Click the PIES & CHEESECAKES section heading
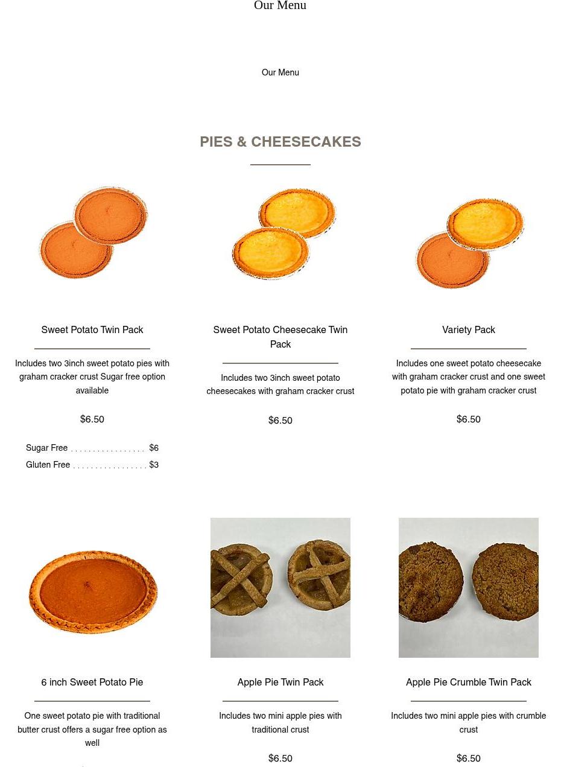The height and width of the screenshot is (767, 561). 280,141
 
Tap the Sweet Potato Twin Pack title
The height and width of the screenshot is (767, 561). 92,329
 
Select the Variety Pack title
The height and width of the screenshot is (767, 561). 468,329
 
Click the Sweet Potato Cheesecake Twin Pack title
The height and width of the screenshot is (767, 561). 280,337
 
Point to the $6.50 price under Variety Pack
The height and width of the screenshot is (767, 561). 468,419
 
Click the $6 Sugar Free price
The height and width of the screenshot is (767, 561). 154,448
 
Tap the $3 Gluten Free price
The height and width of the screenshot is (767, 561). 154,464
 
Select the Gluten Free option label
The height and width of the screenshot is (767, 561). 48,464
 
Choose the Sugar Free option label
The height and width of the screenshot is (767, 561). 46,448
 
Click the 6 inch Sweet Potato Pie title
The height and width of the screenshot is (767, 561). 92,682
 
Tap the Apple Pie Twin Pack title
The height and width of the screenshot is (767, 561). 280,682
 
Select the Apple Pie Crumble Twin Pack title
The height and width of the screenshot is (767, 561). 468,682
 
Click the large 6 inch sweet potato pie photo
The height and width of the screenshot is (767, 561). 93,591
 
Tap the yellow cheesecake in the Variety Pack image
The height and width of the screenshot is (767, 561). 486,224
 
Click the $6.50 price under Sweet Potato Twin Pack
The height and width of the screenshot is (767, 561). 92,419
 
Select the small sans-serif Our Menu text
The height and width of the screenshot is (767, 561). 280,72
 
